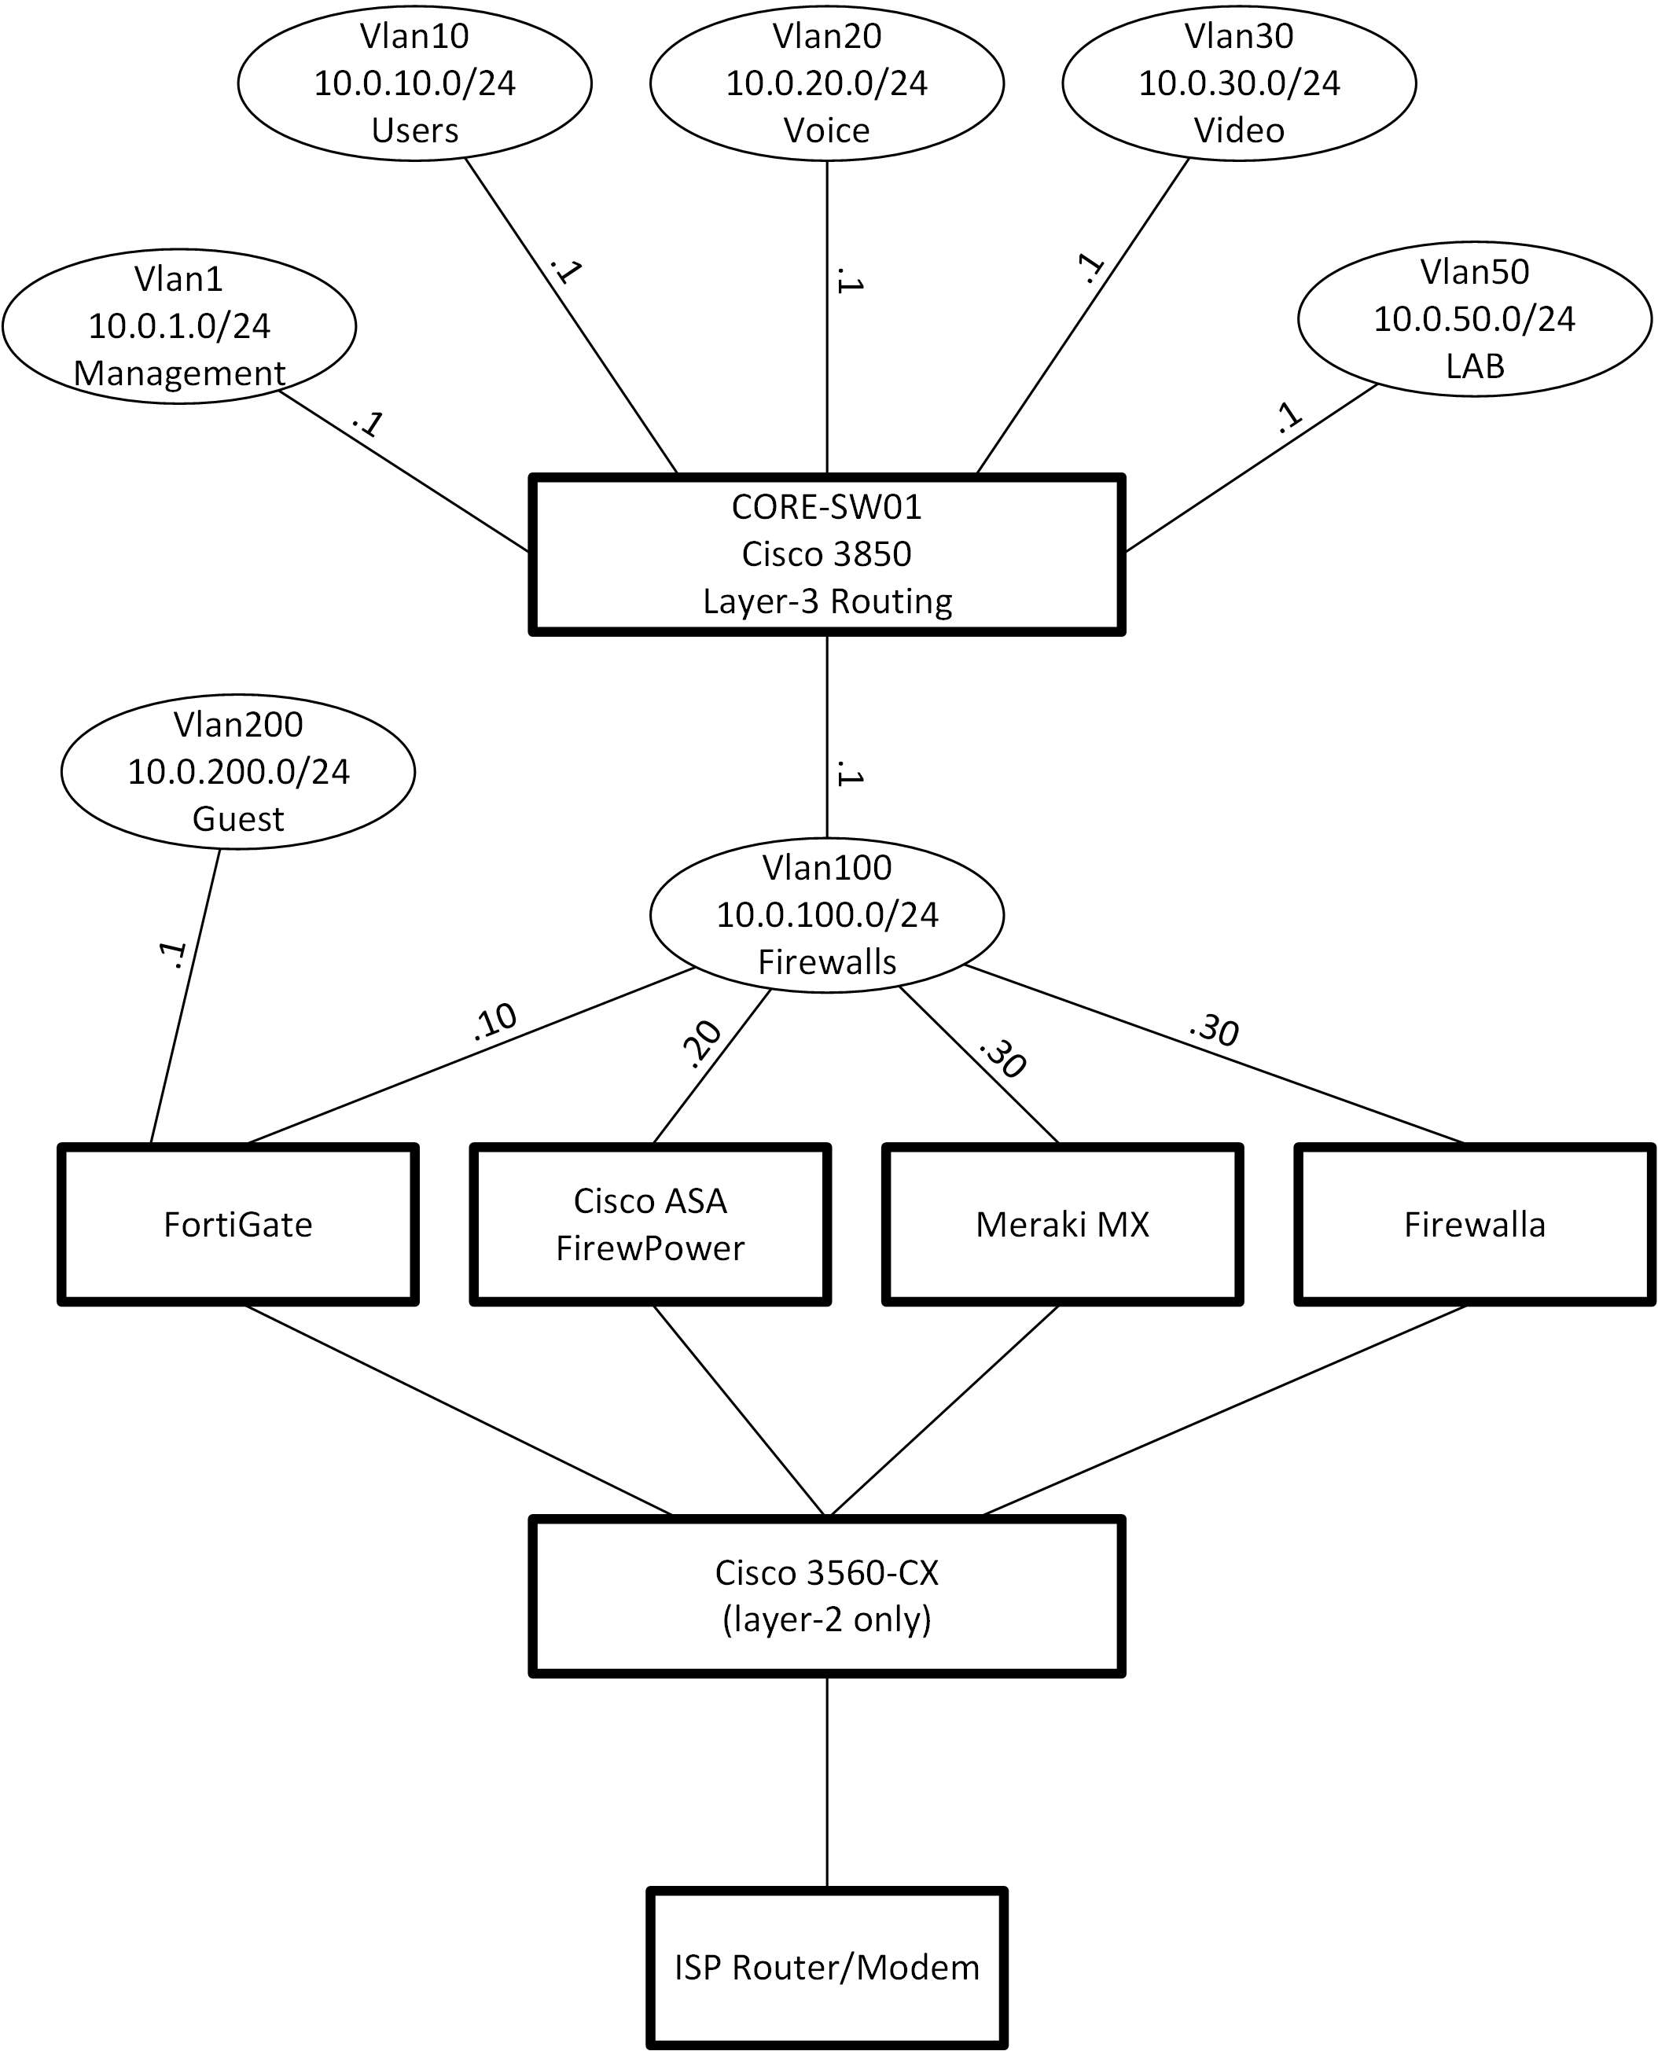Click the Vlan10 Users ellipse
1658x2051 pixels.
[414, 83]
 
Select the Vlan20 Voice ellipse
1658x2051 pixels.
[827, 83]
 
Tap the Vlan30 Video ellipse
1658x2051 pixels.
[1239, 83]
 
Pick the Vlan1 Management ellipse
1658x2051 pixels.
[179, 325]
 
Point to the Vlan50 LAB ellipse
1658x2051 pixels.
[1475, 319]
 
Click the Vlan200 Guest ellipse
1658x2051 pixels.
[238, 771]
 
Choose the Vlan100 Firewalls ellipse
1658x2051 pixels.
[827, 915]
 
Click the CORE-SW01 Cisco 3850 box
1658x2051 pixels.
[827, 553]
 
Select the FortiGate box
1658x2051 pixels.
[238, 1224]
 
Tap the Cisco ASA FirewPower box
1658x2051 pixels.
[650, 1224]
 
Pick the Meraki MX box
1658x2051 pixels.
[1062, 1224]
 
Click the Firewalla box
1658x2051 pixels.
[1475, 1224]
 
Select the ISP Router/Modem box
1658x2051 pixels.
[827, 1968]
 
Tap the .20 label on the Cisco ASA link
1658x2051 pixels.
[703, 1044]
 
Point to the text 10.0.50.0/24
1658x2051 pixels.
[1475, 319]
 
